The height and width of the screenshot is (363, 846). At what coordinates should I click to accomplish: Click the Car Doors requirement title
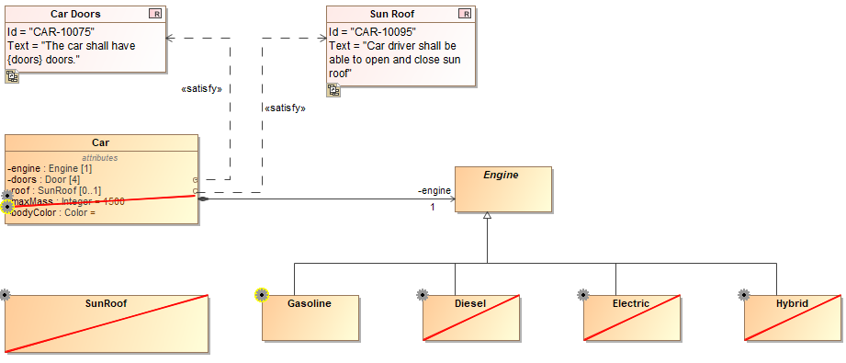tap(74, 14)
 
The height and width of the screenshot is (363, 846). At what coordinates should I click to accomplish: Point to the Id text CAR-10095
tap(372, 32)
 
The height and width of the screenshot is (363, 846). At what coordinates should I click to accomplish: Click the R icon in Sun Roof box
tap(465, 14)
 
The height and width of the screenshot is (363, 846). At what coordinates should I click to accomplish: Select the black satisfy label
tap(201, 89)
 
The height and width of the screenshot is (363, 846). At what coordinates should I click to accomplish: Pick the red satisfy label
tap(285, 108)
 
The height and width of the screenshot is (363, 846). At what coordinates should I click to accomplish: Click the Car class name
tap(101, 143)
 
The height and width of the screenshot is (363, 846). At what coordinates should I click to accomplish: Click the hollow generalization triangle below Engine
tap(488, 214)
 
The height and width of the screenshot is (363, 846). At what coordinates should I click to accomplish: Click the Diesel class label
tap(470, 303)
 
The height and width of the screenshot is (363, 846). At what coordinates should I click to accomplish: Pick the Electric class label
tap(631, 303)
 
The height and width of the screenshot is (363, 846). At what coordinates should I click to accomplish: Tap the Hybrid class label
tap(792, 303)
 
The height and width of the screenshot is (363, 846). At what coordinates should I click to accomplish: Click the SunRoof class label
tap(107, 303)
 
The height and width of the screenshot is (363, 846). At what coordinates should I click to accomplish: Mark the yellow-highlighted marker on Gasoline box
tap(261, 295)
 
